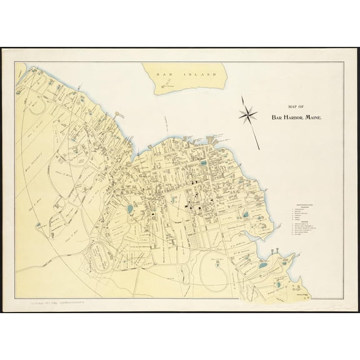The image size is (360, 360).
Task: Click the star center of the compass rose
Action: click(x=248, y=114)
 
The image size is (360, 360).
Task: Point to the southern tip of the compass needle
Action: click(x=259, y=149)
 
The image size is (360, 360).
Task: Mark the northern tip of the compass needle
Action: click(x=241, y=96)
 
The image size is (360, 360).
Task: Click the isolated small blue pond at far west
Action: click(x=39, y=224)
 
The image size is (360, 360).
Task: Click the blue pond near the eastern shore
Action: click(x=246, y=214)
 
